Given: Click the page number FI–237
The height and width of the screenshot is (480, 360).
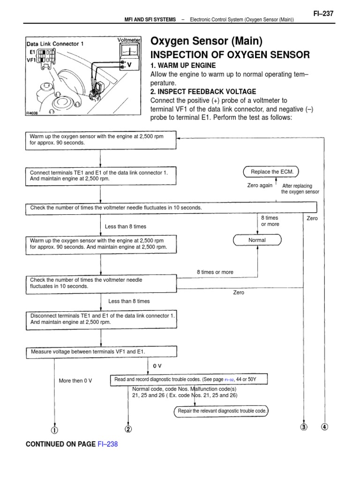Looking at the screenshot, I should [323, 14].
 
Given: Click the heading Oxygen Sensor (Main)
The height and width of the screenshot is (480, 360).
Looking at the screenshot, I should [206, 41].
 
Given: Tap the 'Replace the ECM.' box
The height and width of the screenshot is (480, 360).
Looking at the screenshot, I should [272, 172].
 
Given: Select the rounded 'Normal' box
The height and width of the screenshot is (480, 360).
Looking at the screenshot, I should [257, 240].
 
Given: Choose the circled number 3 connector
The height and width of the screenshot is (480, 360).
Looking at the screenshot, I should [304, 427].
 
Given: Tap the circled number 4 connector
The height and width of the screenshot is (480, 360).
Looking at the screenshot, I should [325, 427].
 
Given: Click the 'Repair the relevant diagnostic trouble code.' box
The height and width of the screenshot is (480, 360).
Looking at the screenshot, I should [222, 411].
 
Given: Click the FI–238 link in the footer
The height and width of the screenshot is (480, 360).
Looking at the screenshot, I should [107, 444].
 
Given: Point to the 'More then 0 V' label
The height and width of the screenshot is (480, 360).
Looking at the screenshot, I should [75, 381].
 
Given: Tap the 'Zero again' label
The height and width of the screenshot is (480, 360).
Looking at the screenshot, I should [260, 185].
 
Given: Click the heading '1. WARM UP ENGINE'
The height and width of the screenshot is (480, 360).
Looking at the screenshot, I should [183, 65].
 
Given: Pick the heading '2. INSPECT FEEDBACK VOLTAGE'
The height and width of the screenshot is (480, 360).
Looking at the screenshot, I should [203, 91].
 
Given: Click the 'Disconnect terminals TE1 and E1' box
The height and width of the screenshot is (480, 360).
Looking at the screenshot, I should [100, 319].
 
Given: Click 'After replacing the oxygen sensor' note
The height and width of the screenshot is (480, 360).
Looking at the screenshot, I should [300, 189].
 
